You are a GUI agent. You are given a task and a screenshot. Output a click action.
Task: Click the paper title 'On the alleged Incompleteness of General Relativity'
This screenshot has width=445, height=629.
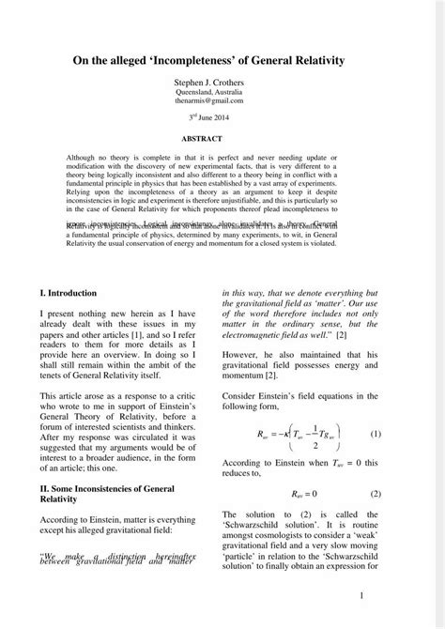(x=222, y=60)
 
